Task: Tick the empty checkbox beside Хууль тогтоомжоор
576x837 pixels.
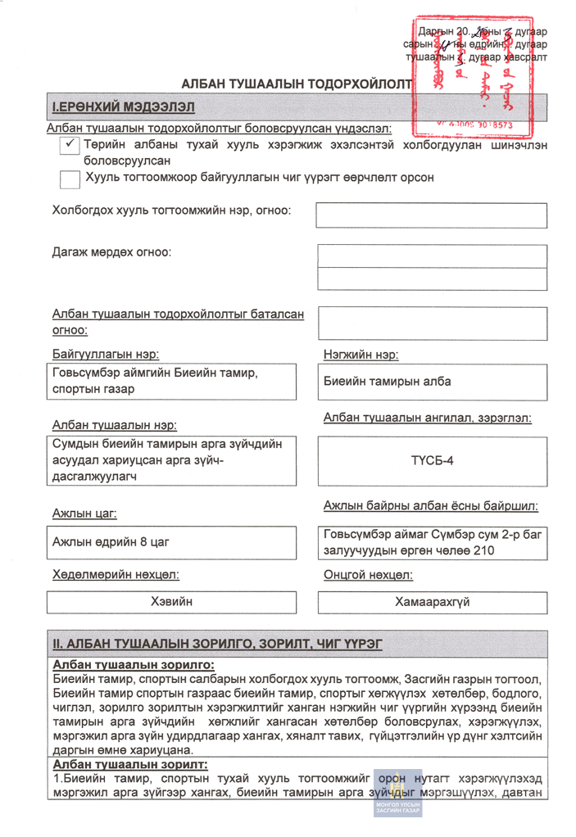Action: coord(70,178)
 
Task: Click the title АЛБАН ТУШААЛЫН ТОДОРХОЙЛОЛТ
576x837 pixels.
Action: coord(297,84)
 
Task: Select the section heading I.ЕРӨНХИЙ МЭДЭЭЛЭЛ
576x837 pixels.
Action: coord(124,107)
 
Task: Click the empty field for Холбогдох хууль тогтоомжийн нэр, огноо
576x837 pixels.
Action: coord(431,215)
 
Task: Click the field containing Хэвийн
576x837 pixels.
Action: coord(171,602)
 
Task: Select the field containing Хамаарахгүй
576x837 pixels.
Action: coord(432,603)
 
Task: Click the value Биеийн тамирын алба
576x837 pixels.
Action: coord(387,382)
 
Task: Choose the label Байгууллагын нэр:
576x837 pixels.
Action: coord(106,355)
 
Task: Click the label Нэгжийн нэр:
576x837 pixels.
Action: coord(361,355)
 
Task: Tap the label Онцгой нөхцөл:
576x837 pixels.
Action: coord(368,575)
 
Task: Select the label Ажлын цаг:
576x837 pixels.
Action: coord(84,514)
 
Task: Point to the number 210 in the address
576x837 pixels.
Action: coord(483,551)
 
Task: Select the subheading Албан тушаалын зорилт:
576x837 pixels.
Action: coord(130,764)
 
